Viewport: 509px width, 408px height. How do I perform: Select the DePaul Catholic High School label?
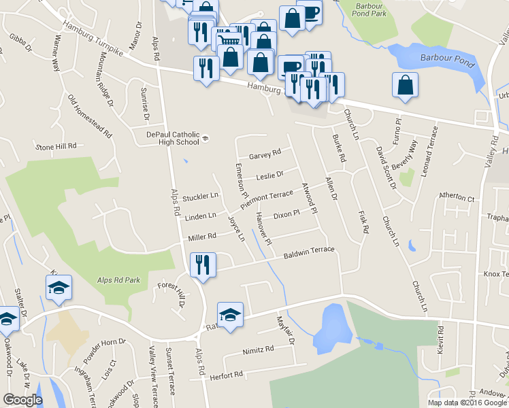click(x=173, y=138)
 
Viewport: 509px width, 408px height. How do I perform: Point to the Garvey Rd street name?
click(x=265, y=154)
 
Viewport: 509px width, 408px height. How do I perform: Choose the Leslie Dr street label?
click(x=269, y=177)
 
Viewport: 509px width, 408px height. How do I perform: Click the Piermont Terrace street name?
click(x=267, y=199)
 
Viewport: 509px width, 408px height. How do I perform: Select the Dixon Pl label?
click(x=286, y=215)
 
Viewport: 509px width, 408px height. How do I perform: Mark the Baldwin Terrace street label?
click(x=309, y=252)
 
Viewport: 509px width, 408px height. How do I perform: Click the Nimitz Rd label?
click(x=258, y=350)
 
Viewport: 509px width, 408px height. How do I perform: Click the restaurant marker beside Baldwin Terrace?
click(x=203, y=265)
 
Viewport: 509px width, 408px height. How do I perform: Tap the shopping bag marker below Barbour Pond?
click(x=405, y=85)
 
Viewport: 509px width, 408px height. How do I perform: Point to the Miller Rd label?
click(x=202, y=237)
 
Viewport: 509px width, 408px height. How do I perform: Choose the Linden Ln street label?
click(x=201, y=216)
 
